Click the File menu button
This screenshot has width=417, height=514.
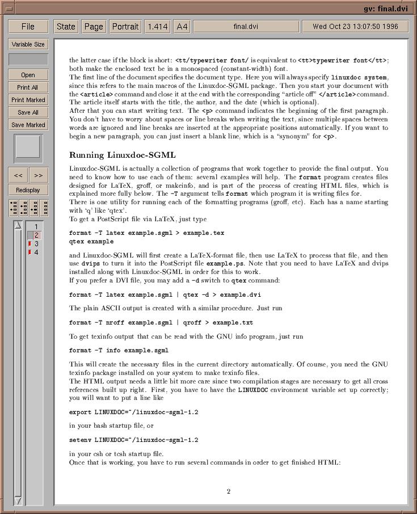[28, 27]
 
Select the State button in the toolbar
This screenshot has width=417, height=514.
[66, 27]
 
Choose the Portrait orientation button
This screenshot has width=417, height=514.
[125, 27]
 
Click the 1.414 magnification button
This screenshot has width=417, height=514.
[157, 27]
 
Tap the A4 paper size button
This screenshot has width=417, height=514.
[182, 27]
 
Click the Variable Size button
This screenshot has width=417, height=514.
[28, 44]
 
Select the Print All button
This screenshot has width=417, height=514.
[28, 87]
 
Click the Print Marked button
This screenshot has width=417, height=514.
[28, 100]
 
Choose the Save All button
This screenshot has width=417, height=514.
[28, 112]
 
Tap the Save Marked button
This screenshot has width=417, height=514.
[28, 125]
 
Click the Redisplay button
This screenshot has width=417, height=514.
[28, 190]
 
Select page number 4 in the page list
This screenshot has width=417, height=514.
[36, 252]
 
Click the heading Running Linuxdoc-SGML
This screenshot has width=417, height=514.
[122, 155]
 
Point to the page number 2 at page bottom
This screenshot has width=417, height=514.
[229, 491]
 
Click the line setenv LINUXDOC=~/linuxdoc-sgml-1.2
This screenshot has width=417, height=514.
[134, 440]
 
